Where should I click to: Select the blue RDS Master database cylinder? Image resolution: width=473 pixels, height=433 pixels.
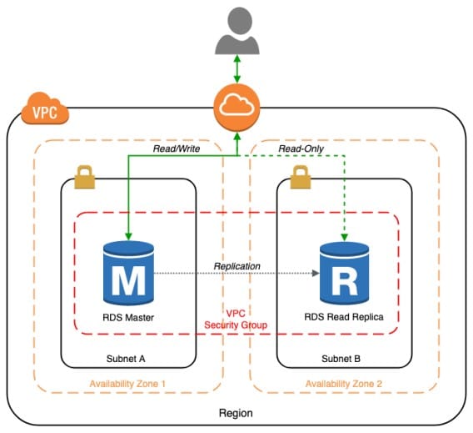[x=127, y=274]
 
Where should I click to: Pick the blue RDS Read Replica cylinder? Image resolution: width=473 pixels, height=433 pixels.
[x=344, y=274]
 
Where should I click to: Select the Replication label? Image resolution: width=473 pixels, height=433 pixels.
[x=236, y=265]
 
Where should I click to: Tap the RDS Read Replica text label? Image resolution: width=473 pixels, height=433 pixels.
[x=344, y=318]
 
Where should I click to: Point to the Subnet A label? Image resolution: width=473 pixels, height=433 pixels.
[x=128, y=359]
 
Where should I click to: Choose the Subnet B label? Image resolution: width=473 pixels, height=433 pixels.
[x=343, y=359]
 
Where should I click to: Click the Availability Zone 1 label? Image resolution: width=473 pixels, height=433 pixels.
[x=128, y=384]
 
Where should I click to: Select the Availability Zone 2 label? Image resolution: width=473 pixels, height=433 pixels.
[x=343, y=384]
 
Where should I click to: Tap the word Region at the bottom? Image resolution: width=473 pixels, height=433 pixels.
[x=236, y=413]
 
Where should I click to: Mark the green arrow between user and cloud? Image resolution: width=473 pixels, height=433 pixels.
[x=237, y=69]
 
